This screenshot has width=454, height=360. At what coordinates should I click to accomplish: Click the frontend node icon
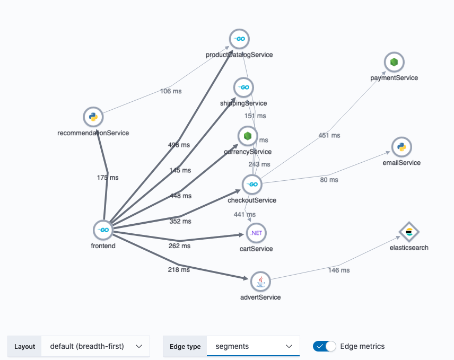[103, 230]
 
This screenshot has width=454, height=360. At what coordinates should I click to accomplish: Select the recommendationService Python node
[93, 117]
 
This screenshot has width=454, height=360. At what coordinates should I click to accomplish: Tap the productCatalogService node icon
[239, 39]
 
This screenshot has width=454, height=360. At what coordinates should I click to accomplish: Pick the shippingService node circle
[243, 87]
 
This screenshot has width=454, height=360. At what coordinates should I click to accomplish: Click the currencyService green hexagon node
[247, 136]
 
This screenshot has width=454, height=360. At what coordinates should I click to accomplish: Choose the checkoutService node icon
[252, 185]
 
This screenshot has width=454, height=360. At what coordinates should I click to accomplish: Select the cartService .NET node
[256, 233]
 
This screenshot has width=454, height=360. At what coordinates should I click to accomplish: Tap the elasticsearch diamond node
[409, 232]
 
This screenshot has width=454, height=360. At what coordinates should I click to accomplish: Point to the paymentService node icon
[394, 62]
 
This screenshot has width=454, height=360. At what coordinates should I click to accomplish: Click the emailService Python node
[401, 147]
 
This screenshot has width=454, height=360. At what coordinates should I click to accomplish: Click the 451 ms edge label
[329, 135]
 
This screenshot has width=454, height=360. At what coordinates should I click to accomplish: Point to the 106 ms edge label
[171, 91]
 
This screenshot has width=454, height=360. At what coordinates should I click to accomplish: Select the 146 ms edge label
[339, 270]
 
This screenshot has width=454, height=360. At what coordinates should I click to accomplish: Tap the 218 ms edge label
[179, 270]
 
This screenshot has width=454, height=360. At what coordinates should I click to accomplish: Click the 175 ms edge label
[108, 178]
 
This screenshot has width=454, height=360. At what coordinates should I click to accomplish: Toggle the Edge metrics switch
[325, 346]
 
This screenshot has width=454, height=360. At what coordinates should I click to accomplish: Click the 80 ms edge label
[329, 180]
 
